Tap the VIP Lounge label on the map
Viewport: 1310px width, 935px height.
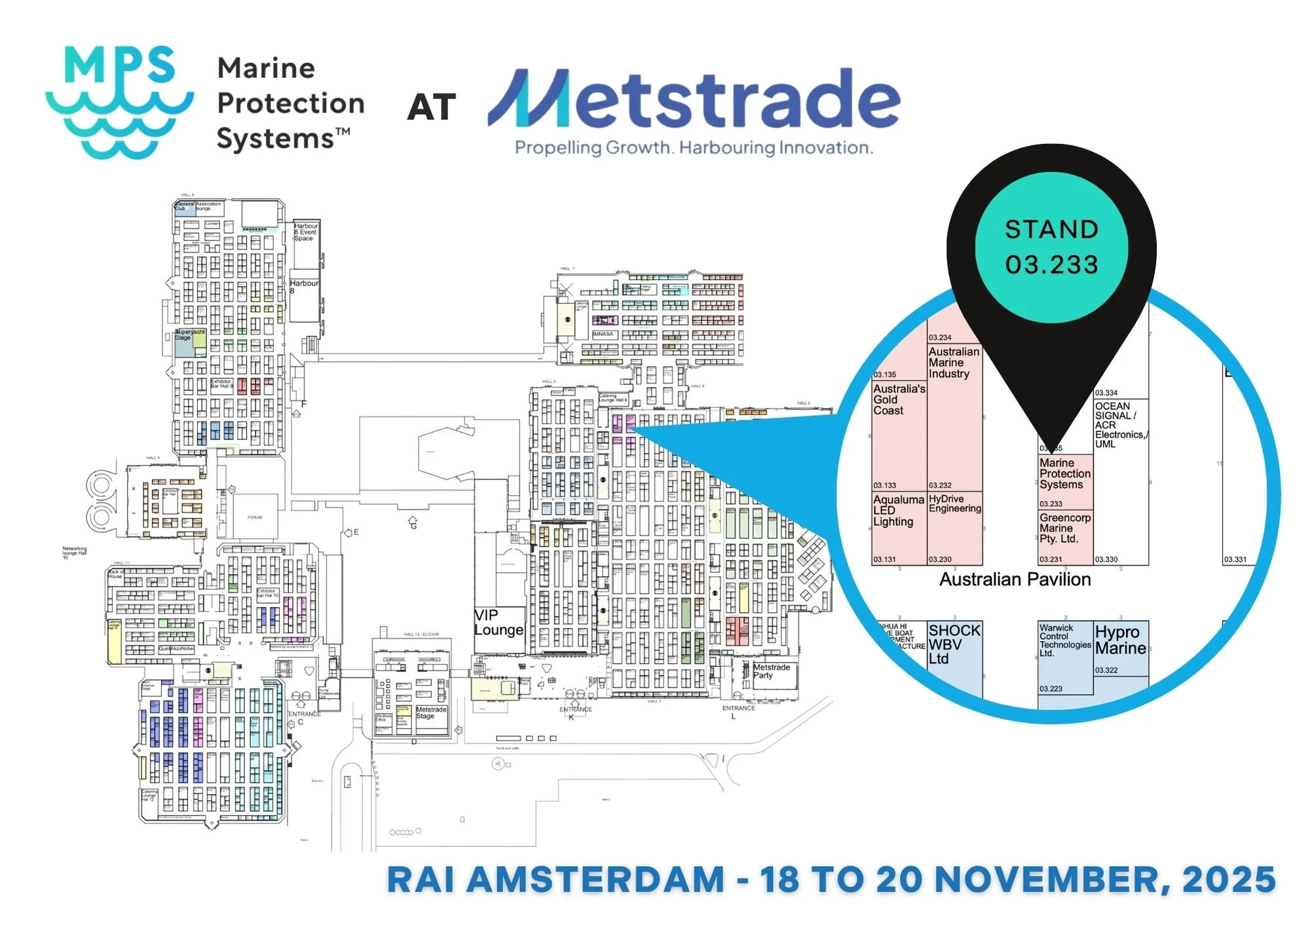point(498,623)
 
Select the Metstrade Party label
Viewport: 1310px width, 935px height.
point(771,671)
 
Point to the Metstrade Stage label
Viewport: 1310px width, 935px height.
point(431,712)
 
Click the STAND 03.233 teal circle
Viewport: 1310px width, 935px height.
point(1051,247)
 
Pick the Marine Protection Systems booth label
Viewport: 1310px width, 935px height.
point(1064,474)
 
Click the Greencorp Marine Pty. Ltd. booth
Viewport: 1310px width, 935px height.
point(1064,528)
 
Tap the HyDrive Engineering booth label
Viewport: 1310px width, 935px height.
point(954,504)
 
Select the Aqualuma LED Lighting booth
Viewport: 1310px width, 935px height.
point(898,511)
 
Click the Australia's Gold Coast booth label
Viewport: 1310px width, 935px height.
point(899,399)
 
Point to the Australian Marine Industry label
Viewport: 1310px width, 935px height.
point(954,363)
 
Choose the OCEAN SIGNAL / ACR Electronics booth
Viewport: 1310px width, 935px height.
point(1120,425)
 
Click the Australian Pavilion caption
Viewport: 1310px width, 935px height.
point(1015,579)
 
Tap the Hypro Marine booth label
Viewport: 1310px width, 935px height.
point(1120,640)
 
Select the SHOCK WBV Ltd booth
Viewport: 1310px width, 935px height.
point(954,644)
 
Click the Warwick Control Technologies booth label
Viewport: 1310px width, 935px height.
point(1064,640)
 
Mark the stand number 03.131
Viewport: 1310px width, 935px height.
point(884,559)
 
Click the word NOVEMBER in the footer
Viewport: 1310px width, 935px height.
point(1051,879)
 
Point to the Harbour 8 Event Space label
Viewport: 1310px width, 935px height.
point(305,232)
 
